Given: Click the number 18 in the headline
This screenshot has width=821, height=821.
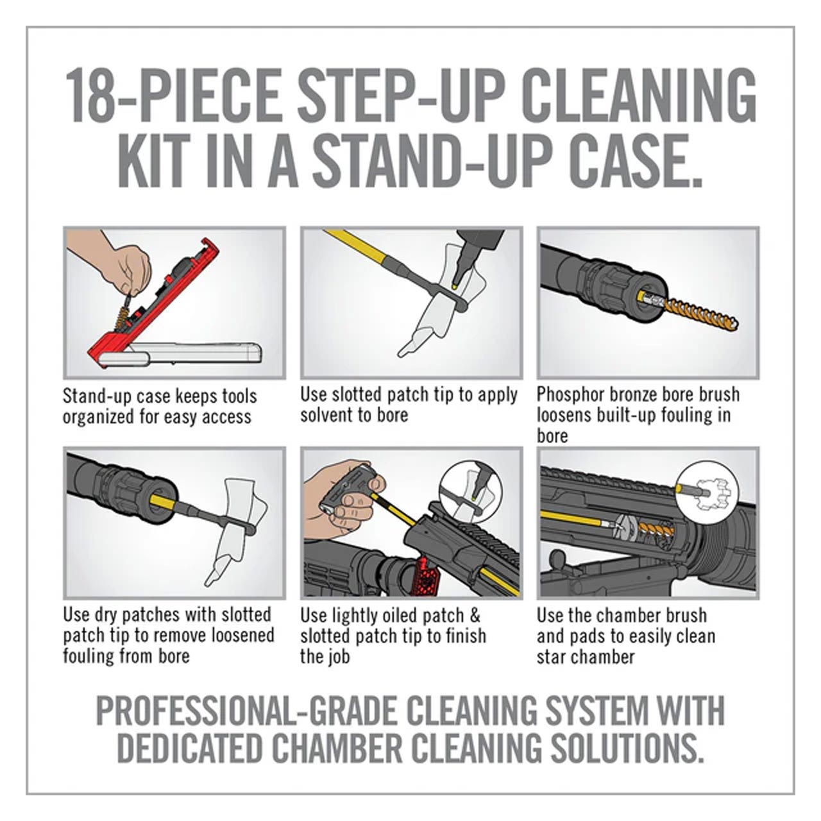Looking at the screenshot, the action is (x=90, y=95).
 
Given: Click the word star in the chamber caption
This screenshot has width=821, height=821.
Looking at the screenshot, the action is (x=552, y=657).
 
